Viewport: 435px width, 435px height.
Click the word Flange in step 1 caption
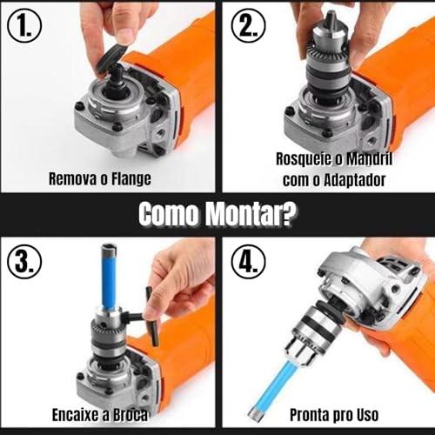tap(126, 180)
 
